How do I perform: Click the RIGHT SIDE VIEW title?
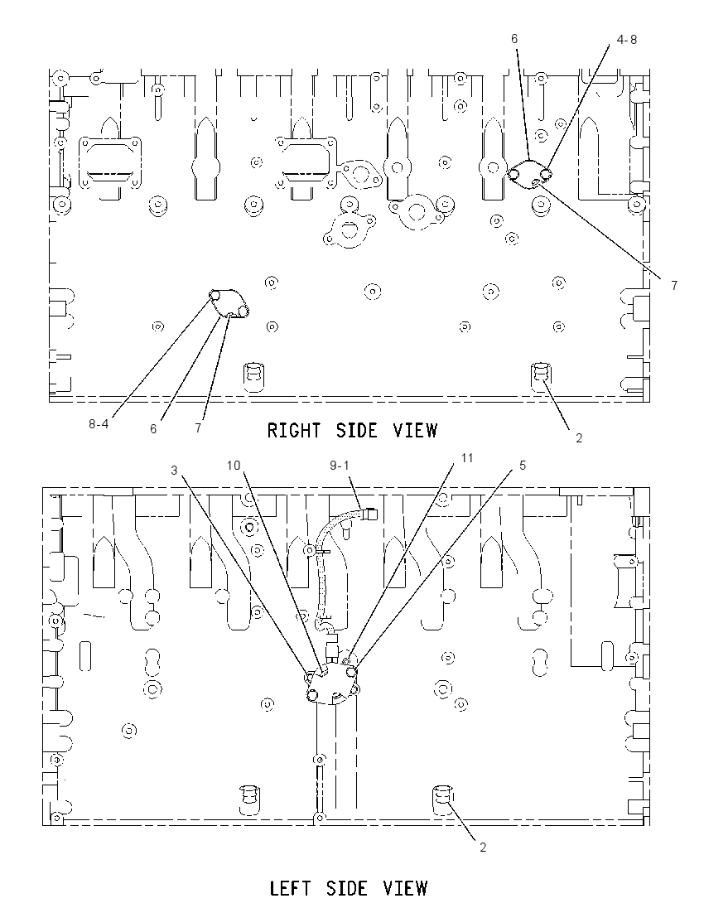[x=352, y=430]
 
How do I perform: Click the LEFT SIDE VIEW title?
[x=349, y=888]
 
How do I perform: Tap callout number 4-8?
[x=626, y=40]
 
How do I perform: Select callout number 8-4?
[x=99, y=424]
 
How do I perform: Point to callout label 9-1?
[x=340, y=466]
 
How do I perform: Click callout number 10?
[x=234, y=466]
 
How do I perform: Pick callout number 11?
[x=466, y=458]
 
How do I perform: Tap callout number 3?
[x=174, y=471]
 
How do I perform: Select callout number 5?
[x=523, y=466]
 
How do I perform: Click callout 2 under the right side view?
[x=578, y=438]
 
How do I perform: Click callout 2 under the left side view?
[x=483, y=848]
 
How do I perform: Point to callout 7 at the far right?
[x=674, y=286]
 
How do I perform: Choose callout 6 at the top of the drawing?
[x=514, y=39]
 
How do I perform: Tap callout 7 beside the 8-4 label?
[x=198, y=428]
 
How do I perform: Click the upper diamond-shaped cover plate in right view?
[x=528, y=175]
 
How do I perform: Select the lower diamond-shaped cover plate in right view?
[x=229, y=304]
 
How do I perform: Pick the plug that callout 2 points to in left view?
[x=444, y=799]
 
